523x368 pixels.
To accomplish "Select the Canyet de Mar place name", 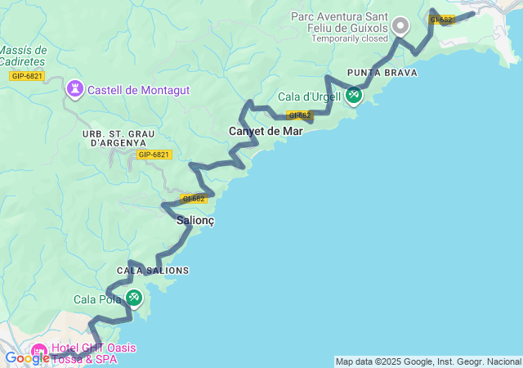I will coord(266,131).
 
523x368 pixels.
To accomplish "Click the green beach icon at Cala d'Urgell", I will coord(354,96).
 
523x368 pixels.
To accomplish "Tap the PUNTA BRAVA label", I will coord(382,73).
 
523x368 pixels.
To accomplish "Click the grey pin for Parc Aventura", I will coord(400,25).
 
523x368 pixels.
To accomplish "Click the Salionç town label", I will coord(195,220).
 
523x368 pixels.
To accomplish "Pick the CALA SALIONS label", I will coord(153,271).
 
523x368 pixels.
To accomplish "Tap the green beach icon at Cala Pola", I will coord(133,298).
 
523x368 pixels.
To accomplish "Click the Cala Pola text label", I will coord(97,299).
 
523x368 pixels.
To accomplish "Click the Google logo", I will coord(26,357).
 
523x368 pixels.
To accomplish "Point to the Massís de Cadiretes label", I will coord(23,56).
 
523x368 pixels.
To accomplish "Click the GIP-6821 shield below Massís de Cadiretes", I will coord(27,76).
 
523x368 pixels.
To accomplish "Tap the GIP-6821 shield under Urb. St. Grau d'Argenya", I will coord(153,155).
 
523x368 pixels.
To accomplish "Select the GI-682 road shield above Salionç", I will coord(193,199).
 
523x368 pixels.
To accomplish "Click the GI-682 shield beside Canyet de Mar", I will coord(299,115).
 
